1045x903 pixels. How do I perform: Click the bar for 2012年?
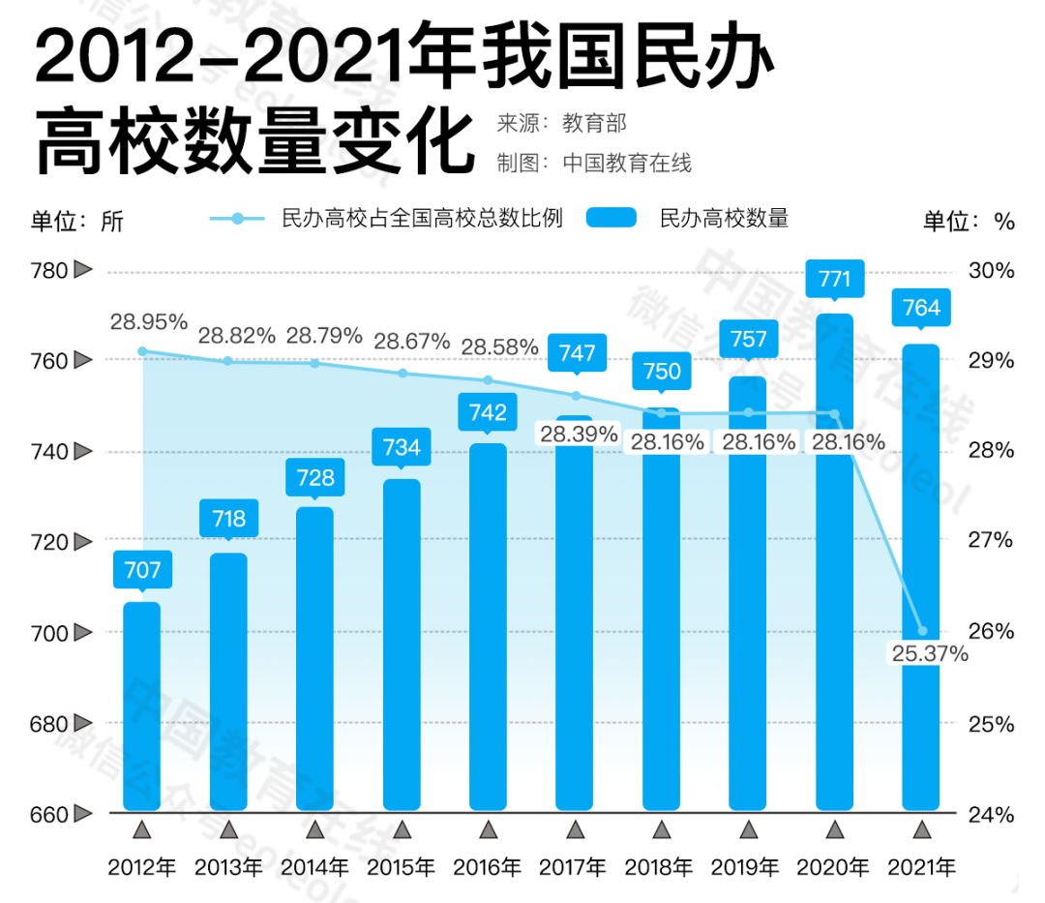[142, 707]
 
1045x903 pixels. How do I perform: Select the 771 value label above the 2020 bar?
[835, 280]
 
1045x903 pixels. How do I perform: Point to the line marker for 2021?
[922, 631]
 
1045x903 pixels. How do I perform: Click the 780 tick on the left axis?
[49, 270]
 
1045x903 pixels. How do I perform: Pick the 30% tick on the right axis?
[991, 270]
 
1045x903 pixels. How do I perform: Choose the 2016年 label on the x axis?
[488, 866]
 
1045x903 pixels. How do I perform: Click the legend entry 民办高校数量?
[724, 218]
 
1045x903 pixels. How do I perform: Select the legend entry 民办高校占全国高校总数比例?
[421, 218]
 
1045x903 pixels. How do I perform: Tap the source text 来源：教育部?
[561, 124]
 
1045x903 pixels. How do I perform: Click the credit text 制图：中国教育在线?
[594, 163]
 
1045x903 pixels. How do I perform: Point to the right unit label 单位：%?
[969, 221]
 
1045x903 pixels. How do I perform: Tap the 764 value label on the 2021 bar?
[921, 308]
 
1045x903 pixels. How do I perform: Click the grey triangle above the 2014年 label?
[314, 829]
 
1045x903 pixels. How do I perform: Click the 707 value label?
[142, 569]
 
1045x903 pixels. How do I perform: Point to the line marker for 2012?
[142, 351]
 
